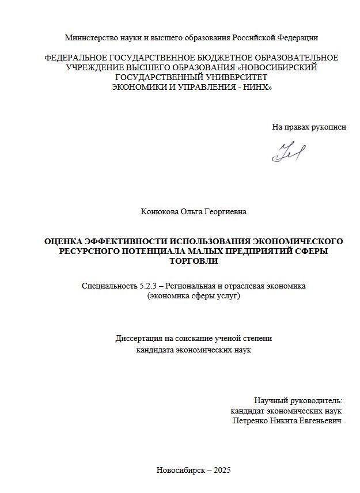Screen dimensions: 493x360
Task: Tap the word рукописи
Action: point(327,127)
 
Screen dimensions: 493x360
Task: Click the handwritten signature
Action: point(289,151)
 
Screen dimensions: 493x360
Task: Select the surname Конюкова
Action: point(160,212)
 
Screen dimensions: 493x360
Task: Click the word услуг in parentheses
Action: point(225,296)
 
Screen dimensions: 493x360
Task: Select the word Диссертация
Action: point(140,339)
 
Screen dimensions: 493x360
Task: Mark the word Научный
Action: point(270,400)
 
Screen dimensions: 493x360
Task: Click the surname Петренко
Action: point(250,421)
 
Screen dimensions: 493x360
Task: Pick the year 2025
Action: point(222,470)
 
